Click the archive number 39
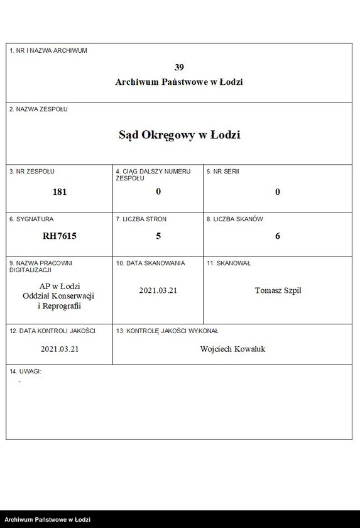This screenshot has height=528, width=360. coord(179,67)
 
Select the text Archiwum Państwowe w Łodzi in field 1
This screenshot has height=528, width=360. coord(179,82)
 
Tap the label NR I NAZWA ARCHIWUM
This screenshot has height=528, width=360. coord(48,50)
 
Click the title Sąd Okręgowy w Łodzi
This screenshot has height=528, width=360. coord(179,135)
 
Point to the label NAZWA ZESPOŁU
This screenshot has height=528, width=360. coord(38,109)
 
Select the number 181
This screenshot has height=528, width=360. coord(60,192)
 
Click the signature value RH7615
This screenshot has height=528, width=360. coord(60,236)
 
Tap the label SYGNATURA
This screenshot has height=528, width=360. coord(31,219)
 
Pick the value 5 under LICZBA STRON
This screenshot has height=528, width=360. coord(158,236)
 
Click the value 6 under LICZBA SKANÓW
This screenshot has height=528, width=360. coord(278,236)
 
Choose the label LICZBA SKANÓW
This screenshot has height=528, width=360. coord(235,219)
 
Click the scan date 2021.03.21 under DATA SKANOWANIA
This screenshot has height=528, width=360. coord(158,290)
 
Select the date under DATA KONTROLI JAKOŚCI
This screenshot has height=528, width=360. coord(60,348)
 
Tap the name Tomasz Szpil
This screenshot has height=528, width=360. coord(278,290)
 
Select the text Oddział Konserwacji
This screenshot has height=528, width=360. coord(60,296)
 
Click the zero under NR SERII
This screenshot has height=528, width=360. coord(278,192)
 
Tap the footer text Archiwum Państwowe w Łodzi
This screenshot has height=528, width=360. coord(47,520)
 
